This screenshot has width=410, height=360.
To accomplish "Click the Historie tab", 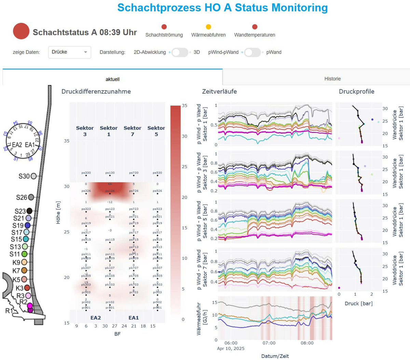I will tap(332, 79).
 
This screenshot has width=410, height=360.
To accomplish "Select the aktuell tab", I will tap(112, 79).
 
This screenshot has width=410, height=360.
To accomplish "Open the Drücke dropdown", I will tap(70, 52).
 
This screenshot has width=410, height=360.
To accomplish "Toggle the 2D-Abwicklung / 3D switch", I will tap(180, 52).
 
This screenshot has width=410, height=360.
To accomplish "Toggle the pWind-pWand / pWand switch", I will tap(252, 52).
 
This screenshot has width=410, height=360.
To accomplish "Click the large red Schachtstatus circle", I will tap(21, 31).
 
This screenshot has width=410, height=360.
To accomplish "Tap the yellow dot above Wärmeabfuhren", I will tap(208, 27).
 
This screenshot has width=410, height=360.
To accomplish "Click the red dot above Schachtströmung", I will tap(164, 27).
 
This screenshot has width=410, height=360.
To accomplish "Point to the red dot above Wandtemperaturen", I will tap(255, 27).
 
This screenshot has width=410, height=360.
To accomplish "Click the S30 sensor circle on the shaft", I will tap(33, 176).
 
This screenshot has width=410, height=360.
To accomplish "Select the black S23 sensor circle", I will tap(29, 211).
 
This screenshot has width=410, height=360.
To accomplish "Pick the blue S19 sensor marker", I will tap(27, 225).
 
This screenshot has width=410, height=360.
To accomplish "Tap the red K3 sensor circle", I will tap(27, 288).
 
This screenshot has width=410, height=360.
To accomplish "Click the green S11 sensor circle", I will tap(24, 254).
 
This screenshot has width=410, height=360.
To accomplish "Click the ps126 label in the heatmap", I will tap(110, 191).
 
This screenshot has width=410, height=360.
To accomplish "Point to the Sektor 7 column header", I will tap(132, 131).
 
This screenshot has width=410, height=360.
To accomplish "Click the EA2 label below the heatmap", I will tap(96, 318).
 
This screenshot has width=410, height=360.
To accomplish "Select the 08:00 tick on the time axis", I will tap(307, 343).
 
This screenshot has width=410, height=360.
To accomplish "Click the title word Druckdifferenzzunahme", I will tap(96, 91).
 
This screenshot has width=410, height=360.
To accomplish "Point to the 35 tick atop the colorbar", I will tap(184, 106).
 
